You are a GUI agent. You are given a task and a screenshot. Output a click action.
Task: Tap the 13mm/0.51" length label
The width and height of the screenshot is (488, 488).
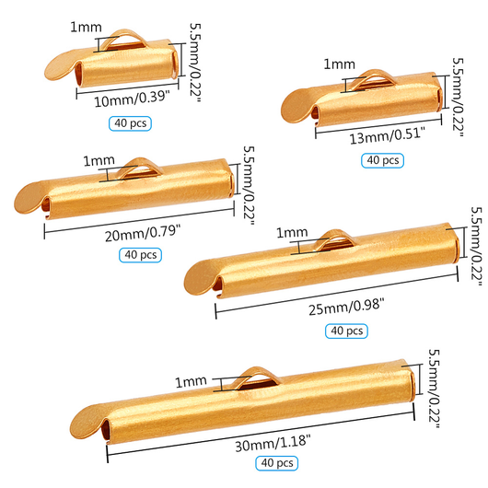click(368, 136)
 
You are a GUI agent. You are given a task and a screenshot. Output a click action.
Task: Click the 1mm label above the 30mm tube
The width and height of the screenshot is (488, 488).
click(192, 380)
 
